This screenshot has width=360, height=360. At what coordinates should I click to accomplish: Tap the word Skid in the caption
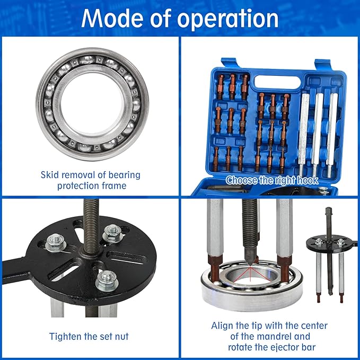tap(50, 174)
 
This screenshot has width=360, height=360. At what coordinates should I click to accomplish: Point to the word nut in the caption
tap(119, 336)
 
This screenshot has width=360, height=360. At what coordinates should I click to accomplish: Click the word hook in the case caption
tap(306, 180)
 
